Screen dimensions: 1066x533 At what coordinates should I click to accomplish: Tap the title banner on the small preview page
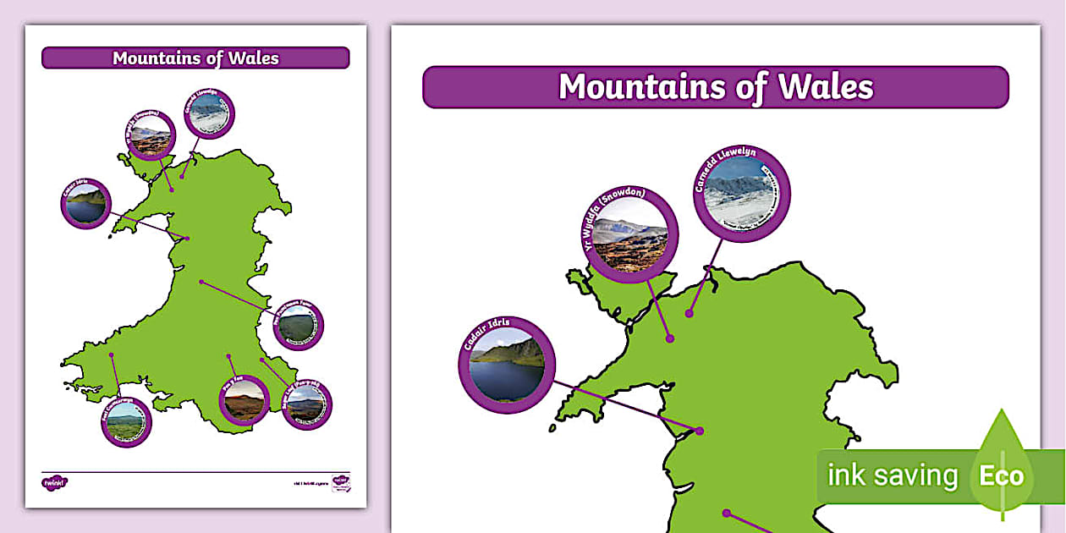[x=195, y=58]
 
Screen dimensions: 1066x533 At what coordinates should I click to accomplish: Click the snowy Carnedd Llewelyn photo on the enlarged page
[x=739, y=193]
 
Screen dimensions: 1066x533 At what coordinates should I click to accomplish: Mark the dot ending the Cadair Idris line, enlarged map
[x=700, y=431]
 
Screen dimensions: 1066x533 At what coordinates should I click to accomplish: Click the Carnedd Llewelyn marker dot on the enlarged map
[x=690, y=314]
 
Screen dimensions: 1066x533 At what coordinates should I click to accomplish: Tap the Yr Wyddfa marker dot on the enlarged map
[x=669, y=338]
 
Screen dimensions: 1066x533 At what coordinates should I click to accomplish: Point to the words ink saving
[x=892, y=476]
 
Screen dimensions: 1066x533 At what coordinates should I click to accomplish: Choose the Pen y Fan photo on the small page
[x=244, y=400]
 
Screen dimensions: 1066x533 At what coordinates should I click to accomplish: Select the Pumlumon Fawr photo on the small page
[x=299, y=326]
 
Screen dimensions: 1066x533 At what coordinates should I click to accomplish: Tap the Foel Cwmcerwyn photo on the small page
[x=126, y=421]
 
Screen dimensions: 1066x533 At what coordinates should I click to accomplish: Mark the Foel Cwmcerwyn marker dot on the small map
[x=112, y=355]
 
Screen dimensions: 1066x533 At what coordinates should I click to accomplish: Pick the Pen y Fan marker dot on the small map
[x=228, y=356]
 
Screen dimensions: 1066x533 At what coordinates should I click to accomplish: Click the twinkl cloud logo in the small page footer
[x=54, y=482]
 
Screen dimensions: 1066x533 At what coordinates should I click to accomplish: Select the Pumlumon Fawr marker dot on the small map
[x=201, y=282]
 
